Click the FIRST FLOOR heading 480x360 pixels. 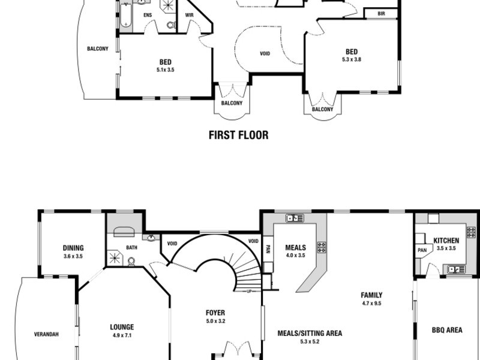coord(238,135)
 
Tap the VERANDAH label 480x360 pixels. coord(46,334)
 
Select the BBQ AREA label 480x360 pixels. coord(447,330)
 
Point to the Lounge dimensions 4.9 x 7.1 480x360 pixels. coord(122,335)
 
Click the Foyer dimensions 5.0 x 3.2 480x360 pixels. coord(215,321)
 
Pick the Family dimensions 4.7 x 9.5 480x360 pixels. coord(371,304)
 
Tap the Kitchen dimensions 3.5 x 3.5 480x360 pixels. coord(446,248)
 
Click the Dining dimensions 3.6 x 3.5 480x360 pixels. coord(73,256)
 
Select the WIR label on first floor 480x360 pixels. coord(189,15)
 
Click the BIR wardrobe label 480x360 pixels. coord(381,14)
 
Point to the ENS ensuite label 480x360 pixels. coord(148,15)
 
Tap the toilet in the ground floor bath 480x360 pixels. coord(131,262)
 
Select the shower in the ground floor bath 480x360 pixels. coord(115,259)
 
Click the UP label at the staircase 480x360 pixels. coord(249,291)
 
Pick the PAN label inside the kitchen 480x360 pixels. coord(422,250)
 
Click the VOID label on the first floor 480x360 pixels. coord(265,53)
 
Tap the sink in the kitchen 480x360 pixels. coord(457,269)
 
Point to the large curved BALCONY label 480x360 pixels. coord(97,49)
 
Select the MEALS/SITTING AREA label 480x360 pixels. coord(310,333)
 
